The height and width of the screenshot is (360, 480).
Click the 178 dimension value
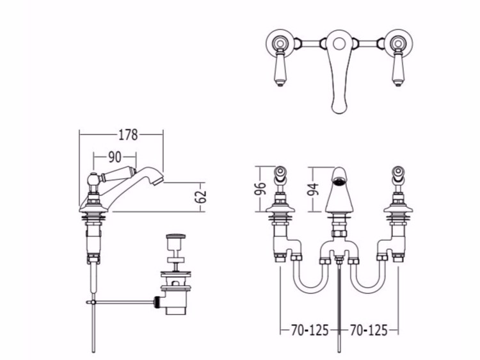[128, 135]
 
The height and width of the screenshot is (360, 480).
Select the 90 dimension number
[115, 157]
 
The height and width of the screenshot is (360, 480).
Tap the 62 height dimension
[201, 197]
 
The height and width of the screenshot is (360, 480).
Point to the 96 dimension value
[260, 189]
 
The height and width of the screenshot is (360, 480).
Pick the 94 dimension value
[313, 189]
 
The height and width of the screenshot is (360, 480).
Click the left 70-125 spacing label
[310, 331]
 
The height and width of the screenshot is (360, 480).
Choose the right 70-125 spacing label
[369, 331]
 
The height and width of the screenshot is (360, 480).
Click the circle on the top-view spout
[339, 44]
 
